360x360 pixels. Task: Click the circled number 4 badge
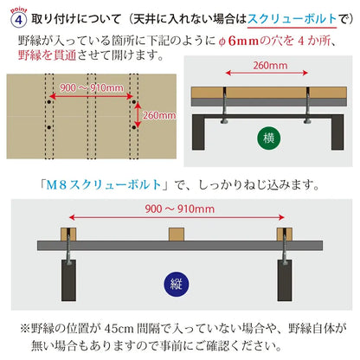tap(18, 20)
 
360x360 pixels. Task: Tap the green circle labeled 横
tap(268, 138)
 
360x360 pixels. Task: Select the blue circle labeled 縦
tap(176, 284)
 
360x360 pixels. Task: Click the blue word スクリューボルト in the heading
tap(292, 19)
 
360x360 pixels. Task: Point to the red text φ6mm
tap(239, 41)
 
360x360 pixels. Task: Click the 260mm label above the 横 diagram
tap(270, 66)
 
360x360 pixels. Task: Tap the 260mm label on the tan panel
tap(159, 115)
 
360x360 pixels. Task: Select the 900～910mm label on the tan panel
tap(92, 87)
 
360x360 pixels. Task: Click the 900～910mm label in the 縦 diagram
tap(179, 209)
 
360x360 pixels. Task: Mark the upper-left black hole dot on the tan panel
tap(49, 102)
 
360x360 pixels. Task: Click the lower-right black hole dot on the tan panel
tap(134, 127)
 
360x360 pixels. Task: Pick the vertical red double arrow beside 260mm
tap(138, 115)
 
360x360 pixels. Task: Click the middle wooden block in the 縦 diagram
tap(177, 235)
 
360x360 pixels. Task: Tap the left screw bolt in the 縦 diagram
tap(68, 247)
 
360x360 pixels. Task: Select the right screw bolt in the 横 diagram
tap(307, 106)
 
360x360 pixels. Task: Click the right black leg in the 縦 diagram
tap(285, 280)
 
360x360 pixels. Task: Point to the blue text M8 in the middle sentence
tap(57, 184)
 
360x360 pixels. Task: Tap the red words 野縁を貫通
tap(47, 55)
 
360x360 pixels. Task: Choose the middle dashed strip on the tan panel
tap(92, 117)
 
